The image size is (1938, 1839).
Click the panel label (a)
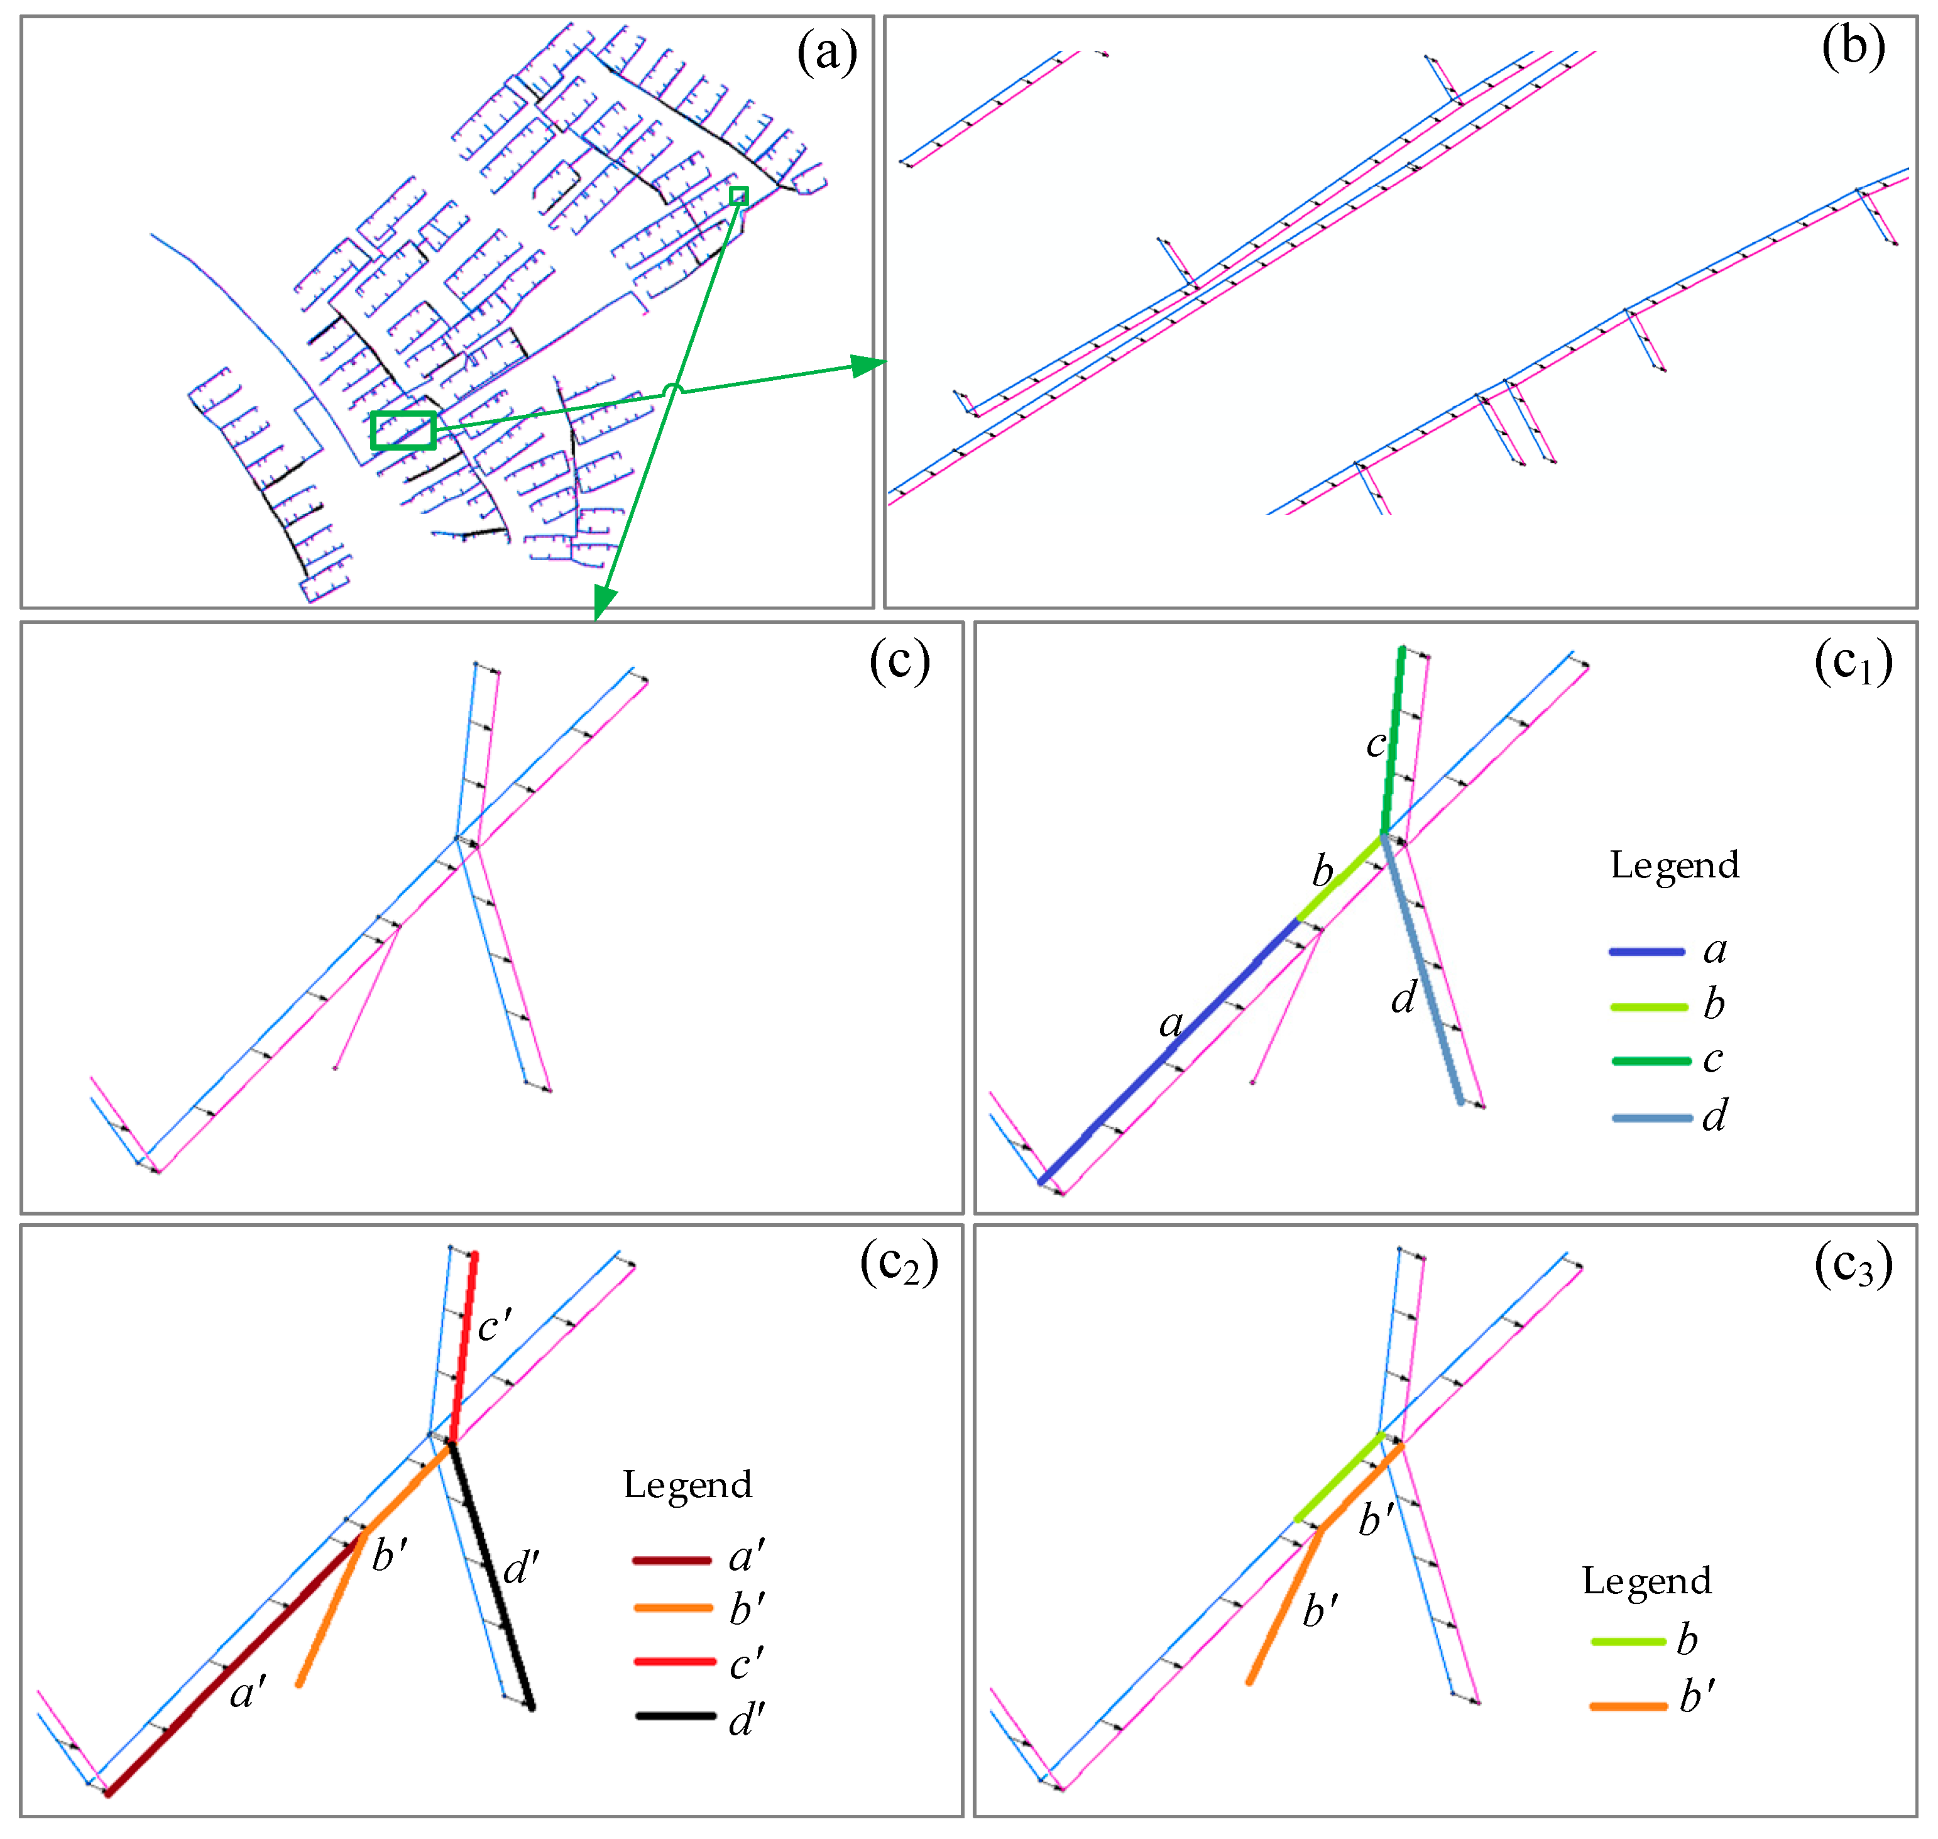(826, 52)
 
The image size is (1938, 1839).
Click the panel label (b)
(1853, 46)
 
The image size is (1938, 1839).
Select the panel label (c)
(899, 662)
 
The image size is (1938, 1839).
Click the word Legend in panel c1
(1674, 865)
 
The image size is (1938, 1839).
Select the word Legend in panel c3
(1647, 1580)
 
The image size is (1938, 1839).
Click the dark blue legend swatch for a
(1647, 951)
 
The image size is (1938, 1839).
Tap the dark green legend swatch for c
(1651, 1061)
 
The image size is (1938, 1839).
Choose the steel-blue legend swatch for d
(1651, 1117)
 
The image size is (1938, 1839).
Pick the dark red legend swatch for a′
(672, 1559)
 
